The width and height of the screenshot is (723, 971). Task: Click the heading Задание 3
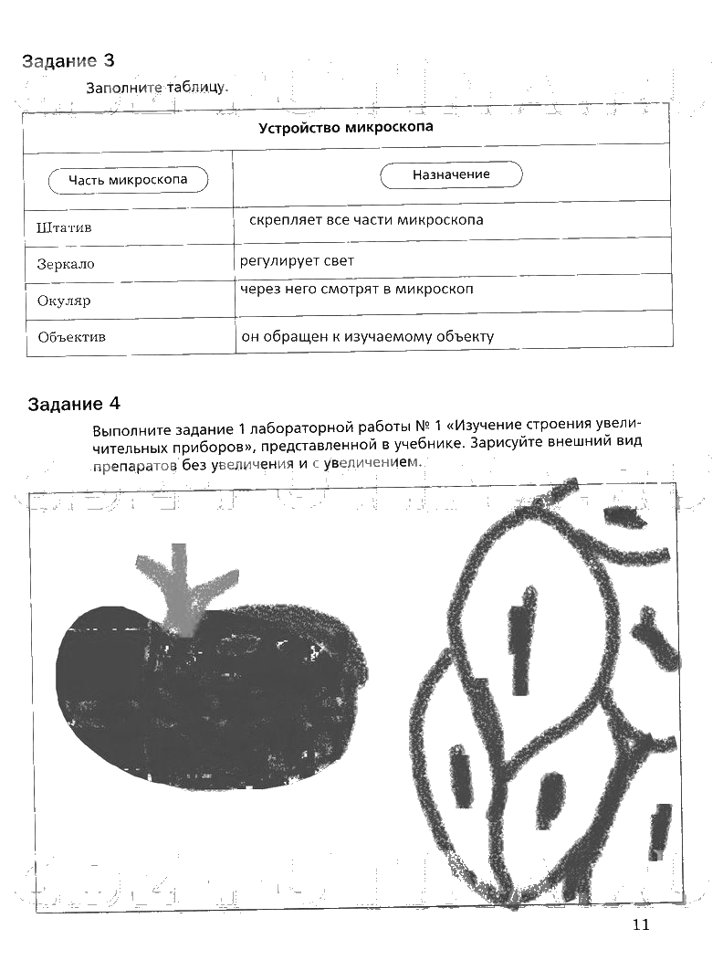(x=68, y=61)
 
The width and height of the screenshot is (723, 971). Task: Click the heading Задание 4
(x=74, y=404)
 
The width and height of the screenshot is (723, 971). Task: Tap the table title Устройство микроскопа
(x=345, y=127)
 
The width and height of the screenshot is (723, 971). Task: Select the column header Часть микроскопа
(x=128, y=180)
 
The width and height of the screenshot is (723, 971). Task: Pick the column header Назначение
(x=451, y=174)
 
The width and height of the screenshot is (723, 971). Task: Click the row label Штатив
(x=65, y=227)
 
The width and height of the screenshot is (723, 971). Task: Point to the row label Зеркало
(x=66, y=264)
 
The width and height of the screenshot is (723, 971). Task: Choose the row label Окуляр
(x=64, y=300)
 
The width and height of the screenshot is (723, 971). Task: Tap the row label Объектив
(x=72, y=336)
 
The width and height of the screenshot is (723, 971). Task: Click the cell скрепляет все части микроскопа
(x=366, y=220)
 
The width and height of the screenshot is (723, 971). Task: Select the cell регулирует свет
(x=297, y=261)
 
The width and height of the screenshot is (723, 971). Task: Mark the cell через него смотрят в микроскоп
(x=357, y=289)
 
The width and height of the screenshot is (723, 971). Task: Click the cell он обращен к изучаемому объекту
(x=367, y=336)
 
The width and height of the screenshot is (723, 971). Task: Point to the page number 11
(x=639, y=925)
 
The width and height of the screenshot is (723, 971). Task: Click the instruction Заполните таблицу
(x=156, y=88)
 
